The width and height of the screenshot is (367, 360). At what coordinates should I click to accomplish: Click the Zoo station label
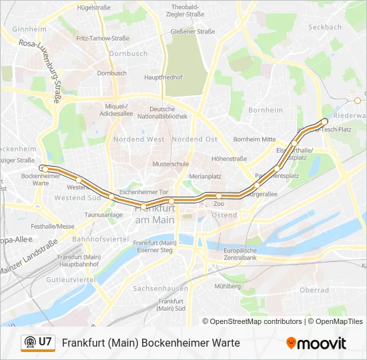[219, 204]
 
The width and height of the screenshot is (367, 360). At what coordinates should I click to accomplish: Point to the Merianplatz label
[205, 176]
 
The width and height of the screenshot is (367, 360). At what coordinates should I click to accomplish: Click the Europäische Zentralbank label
[241, 253]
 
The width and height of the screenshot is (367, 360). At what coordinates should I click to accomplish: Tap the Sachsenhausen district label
[160, 289]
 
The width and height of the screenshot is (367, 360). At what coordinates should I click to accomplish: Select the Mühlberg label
[228, 286]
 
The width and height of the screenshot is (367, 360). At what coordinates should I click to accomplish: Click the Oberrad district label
[314, 290]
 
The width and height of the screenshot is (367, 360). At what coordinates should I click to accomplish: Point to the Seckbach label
[325, 27]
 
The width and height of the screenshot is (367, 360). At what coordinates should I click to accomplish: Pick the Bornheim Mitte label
[254, 139]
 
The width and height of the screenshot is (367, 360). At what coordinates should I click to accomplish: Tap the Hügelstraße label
[93, 8]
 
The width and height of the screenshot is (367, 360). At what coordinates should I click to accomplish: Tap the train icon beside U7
[29, 343]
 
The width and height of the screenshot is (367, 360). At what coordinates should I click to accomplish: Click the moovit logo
[316, 343]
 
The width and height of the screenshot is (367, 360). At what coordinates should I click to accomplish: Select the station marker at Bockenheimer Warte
[42, 168]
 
